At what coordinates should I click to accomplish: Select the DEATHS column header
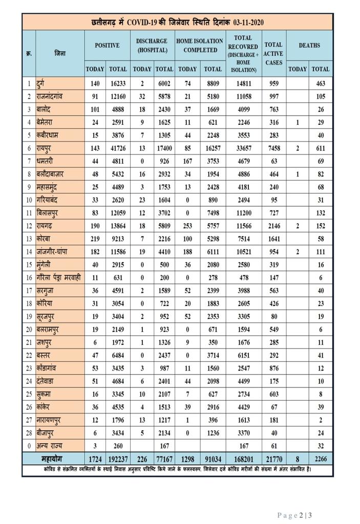click(x=309, y=45)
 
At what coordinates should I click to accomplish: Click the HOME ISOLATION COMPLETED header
click(x=200, y=45)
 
